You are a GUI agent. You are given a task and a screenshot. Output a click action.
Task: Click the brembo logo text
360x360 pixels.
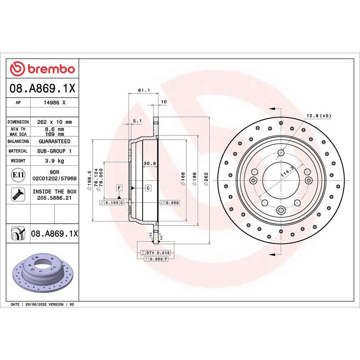50,69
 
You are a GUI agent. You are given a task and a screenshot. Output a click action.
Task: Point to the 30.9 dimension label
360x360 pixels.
149,163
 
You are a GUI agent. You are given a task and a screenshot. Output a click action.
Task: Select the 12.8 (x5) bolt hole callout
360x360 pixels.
318,116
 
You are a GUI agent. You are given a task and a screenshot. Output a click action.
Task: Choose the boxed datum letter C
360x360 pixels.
148,187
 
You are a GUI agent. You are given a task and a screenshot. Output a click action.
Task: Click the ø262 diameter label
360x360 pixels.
206,179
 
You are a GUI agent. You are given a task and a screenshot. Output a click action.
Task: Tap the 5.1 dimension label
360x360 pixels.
137,121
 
